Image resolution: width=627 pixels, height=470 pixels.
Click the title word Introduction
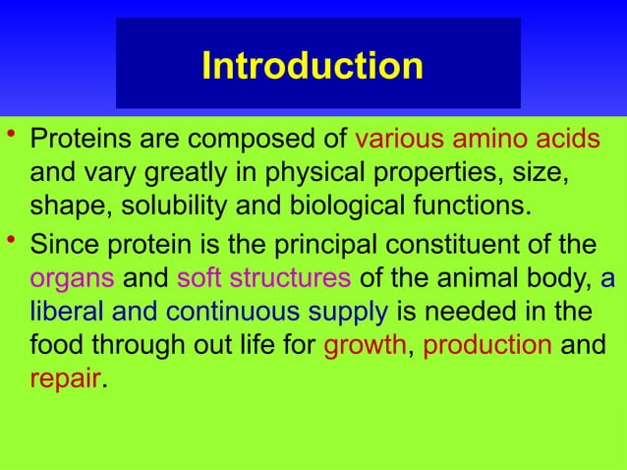pyautogui.click(x=313, y=66)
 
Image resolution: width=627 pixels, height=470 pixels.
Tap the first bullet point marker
pyautogui.click(x=11, y=136)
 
